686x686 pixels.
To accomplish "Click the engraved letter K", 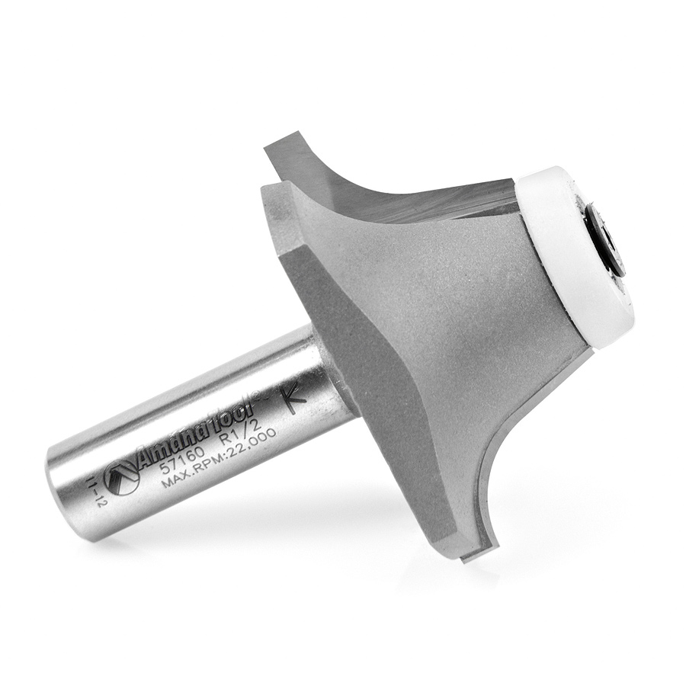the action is click(x=295, y=398).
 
